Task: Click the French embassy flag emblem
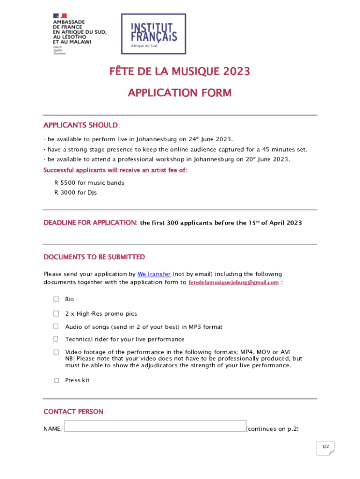pos(60,15)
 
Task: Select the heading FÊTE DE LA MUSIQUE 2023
pos(180,72)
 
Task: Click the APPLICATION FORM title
pos(180,93)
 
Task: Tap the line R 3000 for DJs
pos(76,192)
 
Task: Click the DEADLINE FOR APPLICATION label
pos(90,223)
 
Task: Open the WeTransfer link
pos(154,274)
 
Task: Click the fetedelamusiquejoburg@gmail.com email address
pos(233,283)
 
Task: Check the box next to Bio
pos(56,299)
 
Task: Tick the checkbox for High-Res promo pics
pos(56,313)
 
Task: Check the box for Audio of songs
pos(56,327)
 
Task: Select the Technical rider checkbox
pos(56,339)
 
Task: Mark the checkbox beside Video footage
pos(56,352)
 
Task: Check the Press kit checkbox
pos(56,380)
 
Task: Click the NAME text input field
pos(155,426)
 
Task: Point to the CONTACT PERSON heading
pos(73,412)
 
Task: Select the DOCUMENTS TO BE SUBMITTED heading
pos(94,257)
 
